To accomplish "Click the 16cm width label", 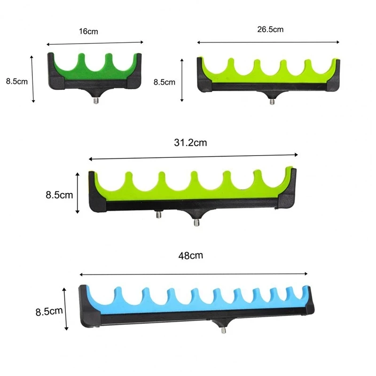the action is [88, 31].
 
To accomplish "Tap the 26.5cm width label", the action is [270, 30].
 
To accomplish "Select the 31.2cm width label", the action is [190, 143].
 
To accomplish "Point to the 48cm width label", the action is [191, 256].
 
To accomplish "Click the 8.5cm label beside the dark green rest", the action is [17, 81].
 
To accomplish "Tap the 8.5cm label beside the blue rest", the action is [49, 312].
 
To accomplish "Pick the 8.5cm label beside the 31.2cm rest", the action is [59, 195].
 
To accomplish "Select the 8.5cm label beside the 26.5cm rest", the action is [164, 82].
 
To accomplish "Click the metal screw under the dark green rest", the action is [96, 101].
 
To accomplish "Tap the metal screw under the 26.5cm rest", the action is [272, 102].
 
